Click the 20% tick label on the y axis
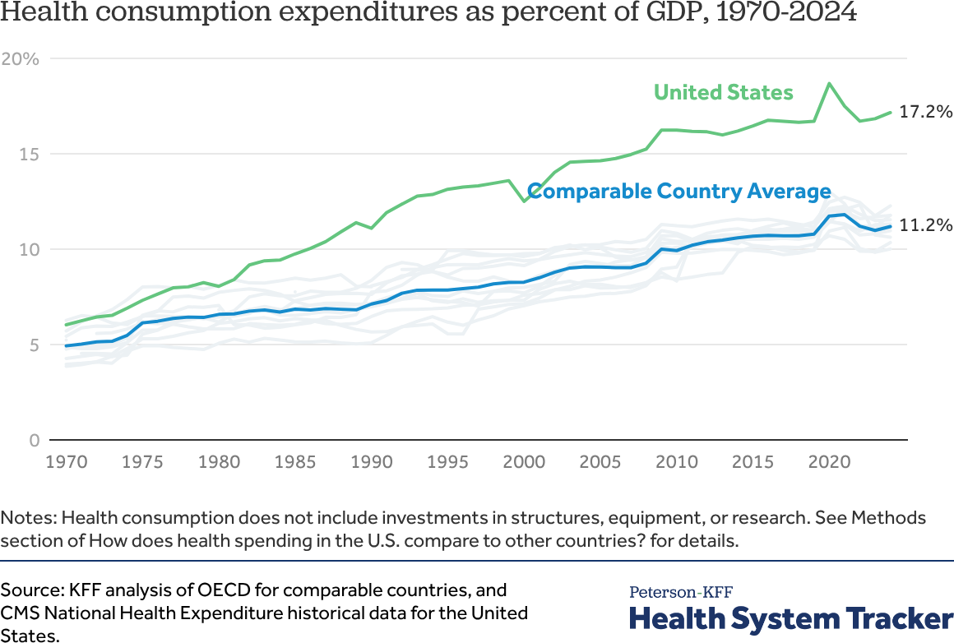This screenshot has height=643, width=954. pos(21,58)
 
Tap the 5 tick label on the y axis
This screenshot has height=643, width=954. pos(33,345)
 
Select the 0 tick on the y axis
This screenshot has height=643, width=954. pos(33,440)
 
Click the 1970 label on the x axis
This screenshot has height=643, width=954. pos(67,461)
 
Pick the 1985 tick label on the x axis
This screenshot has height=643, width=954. pos(295,461)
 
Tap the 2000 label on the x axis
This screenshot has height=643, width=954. pos(524,461)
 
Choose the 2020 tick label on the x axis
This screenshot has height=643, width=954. pos(829,461)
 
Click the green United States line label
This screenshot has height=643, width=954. pos(724,92)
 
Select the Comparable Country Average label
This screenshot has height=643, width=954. pos(679,192)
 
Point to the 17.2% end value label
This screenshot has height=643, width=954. pos(926,112)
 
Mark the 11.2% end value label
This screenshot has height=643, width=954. pos(926,225)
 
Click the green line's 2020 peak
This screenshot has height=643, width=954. pos(829,83)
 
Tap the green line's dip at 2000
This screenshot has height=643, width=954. pos(524,201)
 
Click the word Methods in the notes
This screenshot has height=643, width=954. pos(888,518)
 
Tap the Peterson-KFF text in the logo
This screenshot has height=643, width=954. pos(681,592)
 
